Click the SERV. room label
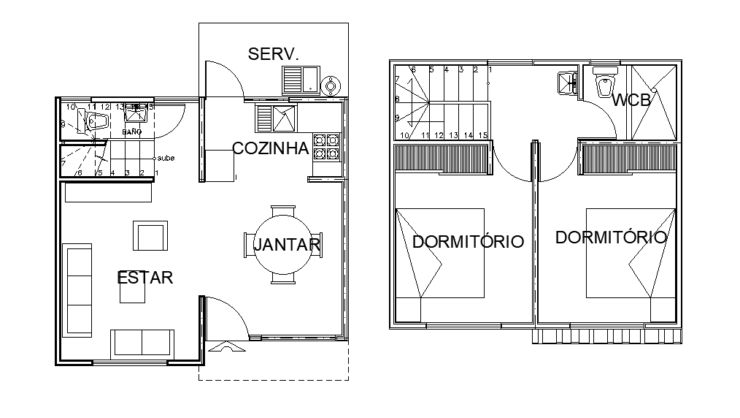[274, 54]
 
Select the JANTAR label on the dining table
[286, 245]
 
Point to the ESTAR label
[145, 278]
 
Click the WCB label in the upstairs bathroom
[631, 101]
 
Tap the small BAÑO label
[131, 132]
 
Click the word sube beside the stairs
[166, 158]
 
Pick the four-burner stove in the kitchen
[326, 147]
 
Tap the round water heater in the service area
[332, 85]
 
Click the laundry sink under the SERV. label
[300, 79]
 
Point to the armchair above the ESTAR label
[150, 236]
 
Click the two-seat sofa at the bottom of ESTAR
[142, 343]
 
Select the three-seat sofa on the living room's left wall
[77, 289]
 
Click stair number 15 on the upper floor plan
[482, 135]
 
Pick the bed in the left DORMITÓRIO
[440, 254]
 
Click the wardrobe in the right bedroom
[630, 159]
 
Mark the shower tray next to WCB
[653, 102]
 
